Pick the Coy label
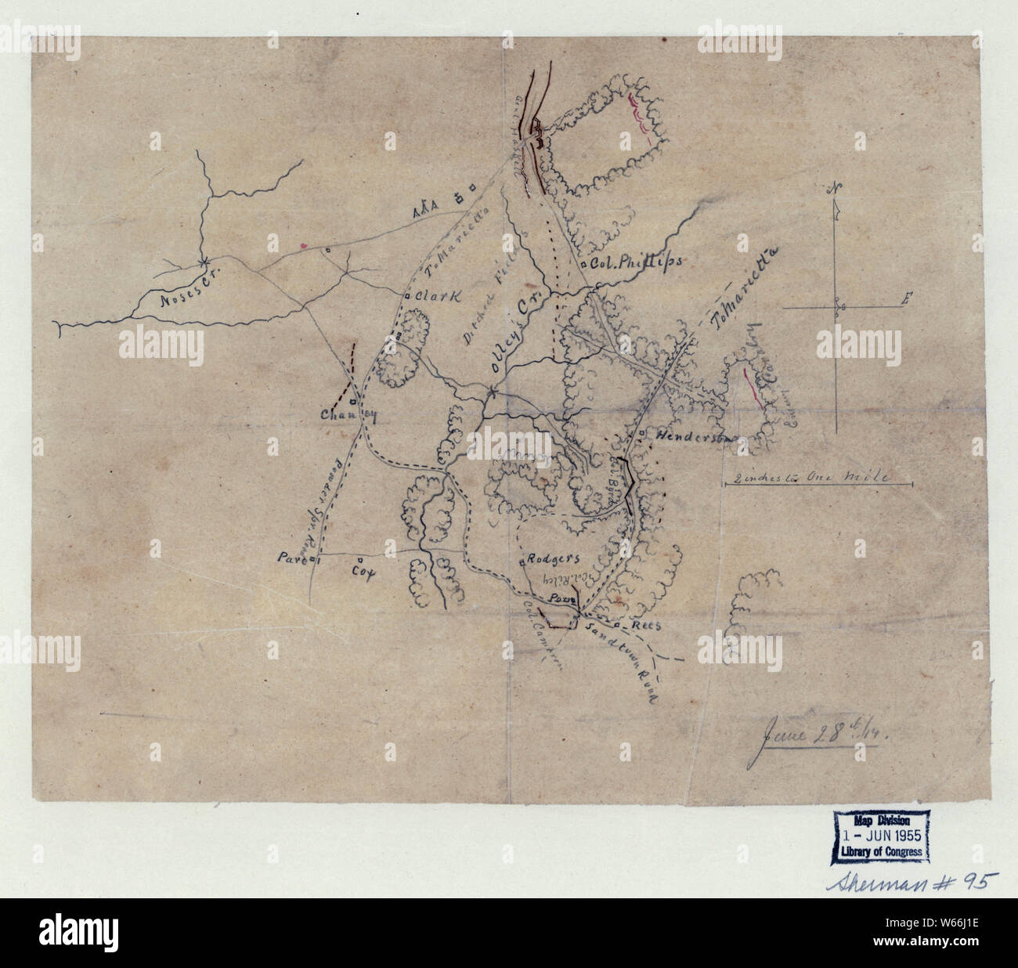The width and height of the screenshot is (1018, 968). (361, 572)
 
